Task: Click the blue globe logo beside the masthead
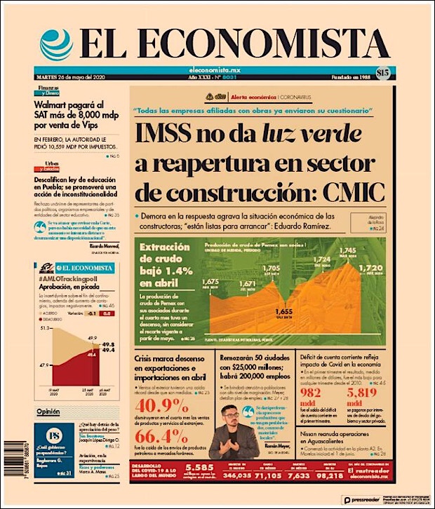(x=56, y=44)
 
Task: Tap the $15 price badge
(x=382, y=72)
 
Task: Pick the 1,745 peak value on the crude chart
(x=348, y=251)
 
